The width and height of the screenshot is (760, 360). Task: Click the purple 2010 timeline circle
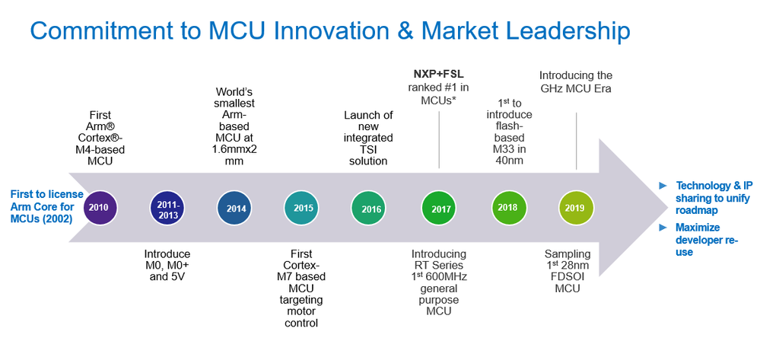click(98, 207)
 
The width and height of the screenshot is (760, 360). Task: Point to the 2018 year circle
click(507, 207)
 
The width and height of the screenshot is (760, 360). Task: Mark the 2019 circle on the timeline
click(574, 207)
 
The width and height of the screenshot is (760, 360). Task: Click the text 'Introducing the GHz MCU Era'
click(576, 81)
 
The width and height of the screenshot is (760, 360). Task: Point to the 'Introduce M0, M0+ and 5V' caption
click(167, 265)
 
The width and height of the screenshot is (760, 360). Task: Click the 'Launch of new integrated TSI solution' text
click(368, 138)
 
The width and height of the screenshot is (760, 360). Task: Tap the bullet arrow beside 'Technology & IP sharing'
click(663, 185)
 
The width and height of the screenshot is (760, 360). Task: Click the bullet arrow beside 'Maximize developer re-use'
click(663, 228)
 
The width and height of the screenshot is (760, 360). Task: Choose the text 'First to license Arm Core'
click(43, 200)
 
